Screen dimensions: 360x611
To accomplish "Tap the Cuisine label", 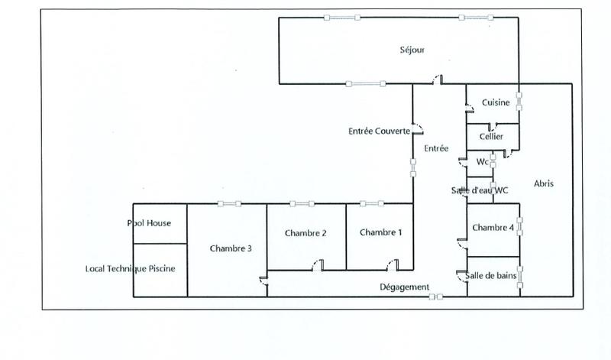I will click(x=496, y=104).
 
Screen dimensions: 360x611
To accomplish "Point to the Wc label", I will click(x=482, y=162).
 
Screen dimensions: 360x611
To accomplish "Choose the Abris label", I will click(x=544, y=183).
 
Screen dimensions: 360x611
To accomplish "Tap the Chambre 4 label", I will click(x=493, y=228).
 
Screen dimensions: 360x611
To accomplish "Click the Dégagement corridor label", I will click(x=405, y=287).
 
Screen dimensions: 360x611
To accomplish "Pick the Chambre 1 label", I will click(x=380, y=232).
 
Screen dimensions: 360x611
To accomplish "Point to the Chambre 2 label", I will click(x=306, y=232).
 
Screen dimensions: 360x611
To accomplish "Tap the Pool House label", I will click(x=149, y=223).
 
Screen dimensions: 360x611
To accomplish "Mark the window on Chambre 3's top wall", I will click(x=228, y=203).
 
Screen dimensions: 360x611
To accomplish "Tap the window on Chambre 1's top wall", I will click(x=372, y=203).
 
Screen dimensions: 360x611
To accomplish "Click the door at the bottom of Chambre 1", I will click(x=393, y=267).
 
